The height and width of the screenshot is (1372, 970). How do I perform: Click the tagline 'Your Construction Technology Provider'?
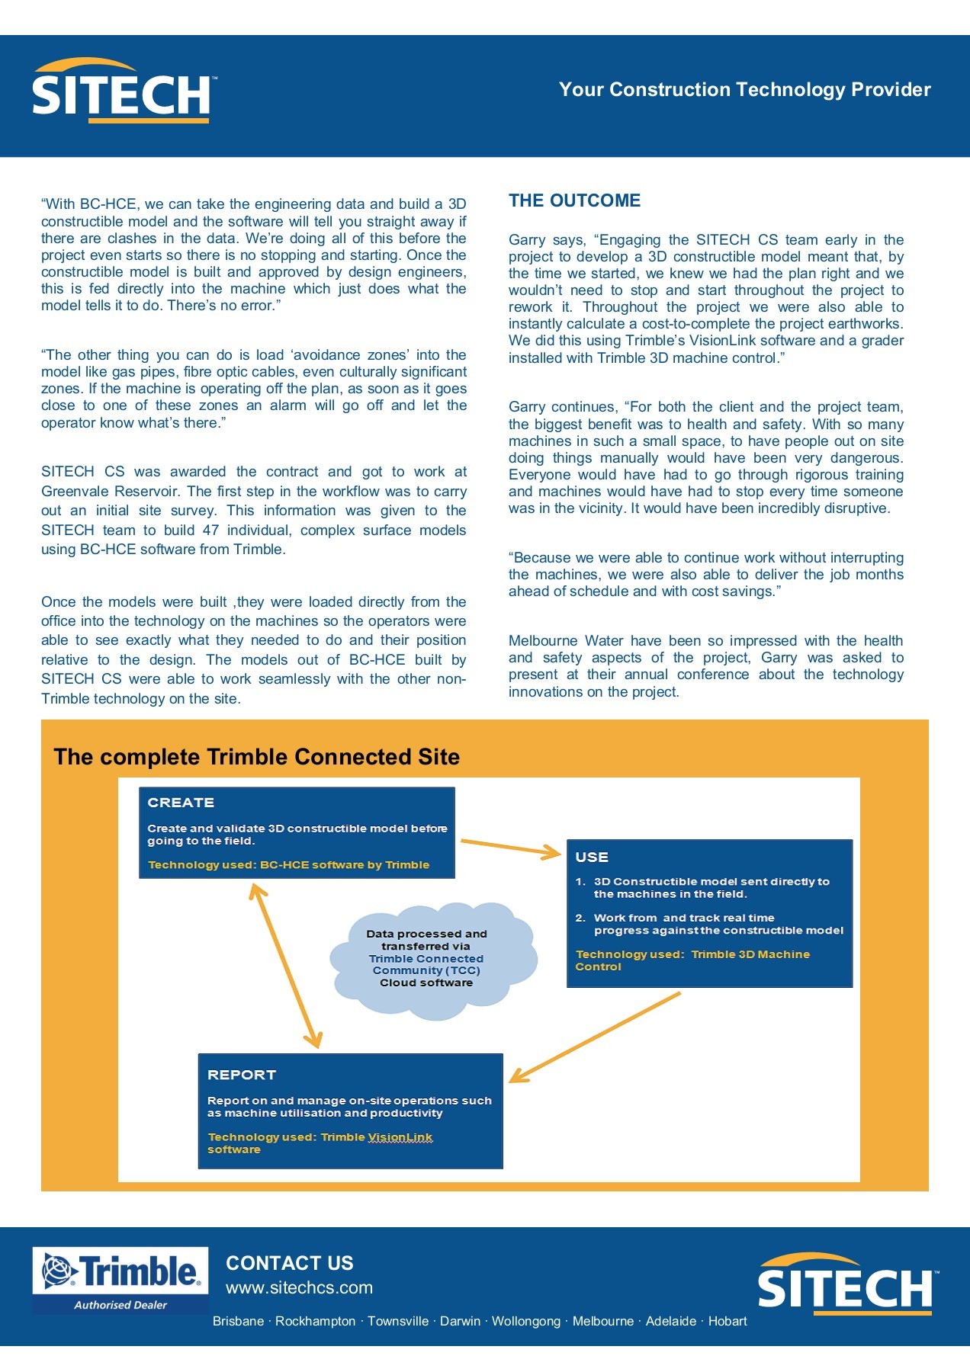click(744, 90)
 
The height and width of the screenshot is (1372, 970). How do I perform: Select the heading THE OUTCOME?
click(574, 200)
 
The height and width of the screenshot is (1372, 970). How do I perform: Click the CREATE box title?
click(181, 803)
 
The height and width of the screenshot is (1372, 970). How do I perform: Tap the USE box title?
click(592, 857)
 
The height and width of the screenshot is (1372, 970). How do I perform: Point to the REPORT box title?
click(241, 1075)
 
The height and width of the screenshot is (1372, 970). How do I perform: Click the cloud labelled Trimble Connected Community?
click(432, 959)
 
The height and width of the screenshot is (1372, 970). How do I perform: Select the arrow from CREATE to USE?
click(510, 848)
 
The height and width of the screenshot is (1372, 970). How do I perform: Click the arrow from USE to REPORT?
click(595, 1037)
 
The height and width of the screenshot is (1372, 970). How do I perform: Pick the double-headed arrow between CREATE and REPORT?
click(286, 966)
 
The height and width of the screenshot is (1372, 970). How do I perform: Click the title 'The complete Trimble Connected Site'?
click(256, 757)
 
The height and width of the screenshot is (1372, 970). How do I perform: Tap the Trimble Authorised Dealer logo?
click(120, 1281)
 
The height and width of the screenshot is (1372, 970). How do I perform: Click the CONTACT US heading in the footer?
click(290, 1263)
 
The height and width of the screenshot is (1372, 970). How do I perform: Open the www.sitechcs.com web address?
click(299, 1287)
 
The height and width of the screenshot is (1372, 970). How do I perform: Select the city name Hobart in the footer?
click(727, 1321)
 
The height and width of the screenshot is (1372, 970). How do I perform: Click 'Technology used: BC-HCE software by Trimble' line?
click(288, 864)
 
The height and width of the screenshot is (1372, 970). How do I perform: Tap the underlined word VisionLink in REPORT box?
click(400, 1137)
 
